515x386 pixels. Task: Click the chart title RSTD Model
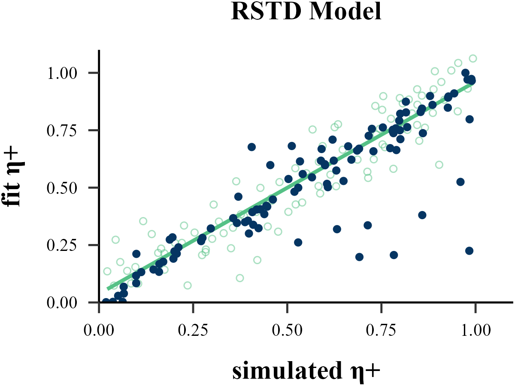[x=306, y=12]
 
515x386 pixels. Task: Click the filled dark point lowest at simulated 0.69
[x=359, y=257]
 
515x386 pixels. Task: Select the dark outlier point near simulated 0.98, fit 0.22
[x=469, y=250]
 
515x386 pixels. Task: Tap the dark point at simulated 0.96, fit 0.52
[x=460, y=182]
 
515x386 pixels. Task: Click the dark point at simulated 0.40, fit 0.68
[x=251, y=147]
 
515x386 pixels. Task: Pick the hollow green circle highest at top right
[x=473, y=58]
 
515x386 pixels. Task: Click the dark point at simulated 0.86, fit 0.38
[x=422, y=215]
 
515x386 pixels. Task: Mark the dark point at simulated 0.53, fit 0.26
[x=298, y=242]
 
